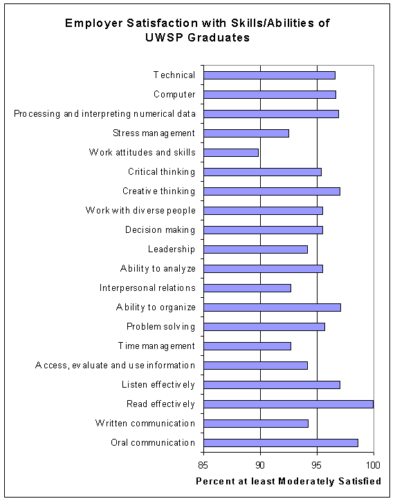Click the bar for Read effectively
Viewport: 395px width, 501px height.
point(288,404)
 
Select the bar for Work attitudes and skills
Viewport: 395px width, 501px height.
point(231,153)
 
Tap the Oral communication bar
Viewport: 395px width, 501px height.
point(281,443)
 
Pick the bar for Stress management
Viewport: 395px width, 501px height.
point(246,133)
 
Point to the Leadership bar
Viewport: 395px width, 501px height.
point(255,249)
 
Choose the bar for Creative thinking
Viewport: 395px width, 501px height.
point(272,191)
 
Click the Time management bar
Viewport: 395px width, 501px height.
point(247,346)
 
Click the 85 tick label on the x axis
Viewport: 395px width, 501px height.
point(203,465)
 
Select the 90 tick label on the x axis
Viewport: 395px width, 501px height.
point(260,465)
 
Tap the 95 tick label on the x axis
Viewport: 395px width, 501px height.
point(317,465)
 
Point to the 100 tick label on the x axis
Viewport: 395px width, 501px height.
point(373,465)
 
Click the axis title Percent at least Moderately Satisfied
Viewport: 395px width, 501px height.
point(288,481)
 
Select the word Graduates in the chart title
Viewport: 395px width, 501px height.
point(219,38)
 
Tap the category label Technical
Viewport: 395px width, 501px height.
point(174,75)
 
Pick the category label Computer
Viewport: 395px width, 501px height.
point(174,95)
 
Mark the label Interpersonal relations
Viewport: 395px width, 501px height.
point(147,288)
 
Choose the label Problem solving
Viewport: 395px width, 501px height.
point(161,327)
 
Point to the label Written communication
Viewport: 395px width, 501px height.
point(145,424)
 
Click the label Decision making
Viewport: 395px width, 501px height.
point(160,230)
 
